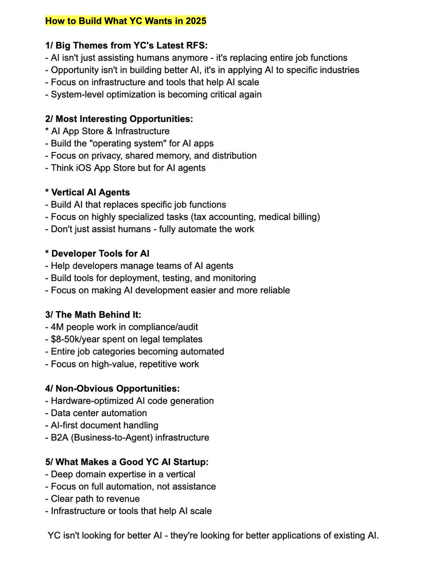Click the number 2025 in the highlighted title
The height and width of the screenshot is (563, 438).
[195, 21]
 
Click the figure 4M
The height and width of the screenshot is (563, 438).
[57, 327]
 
